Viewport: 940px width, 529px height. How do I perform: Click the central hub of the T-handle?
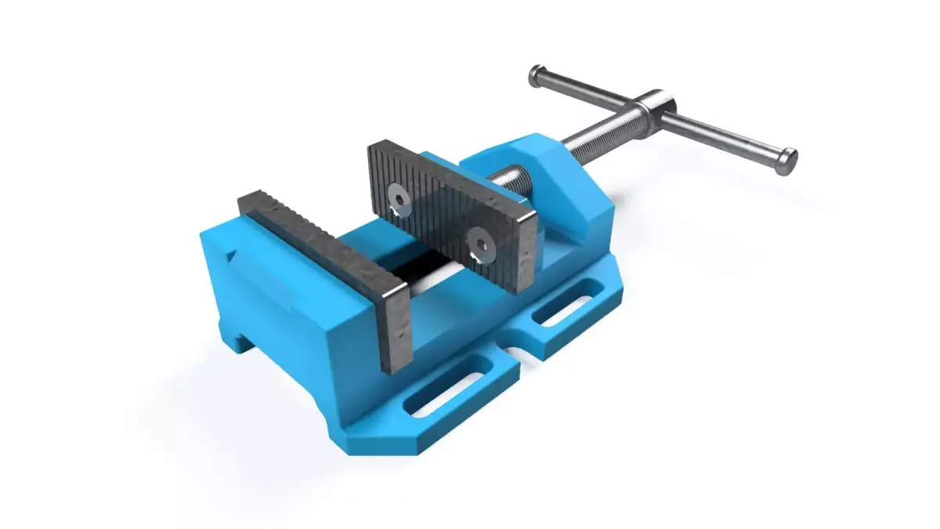654,111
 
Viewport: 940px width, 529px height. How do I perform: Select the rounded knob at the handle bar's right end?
786,159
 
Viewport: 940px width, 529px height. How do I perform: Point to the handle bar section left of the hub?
587,90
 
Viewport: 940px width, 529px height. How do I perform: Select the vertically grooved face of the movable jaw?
439,212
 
